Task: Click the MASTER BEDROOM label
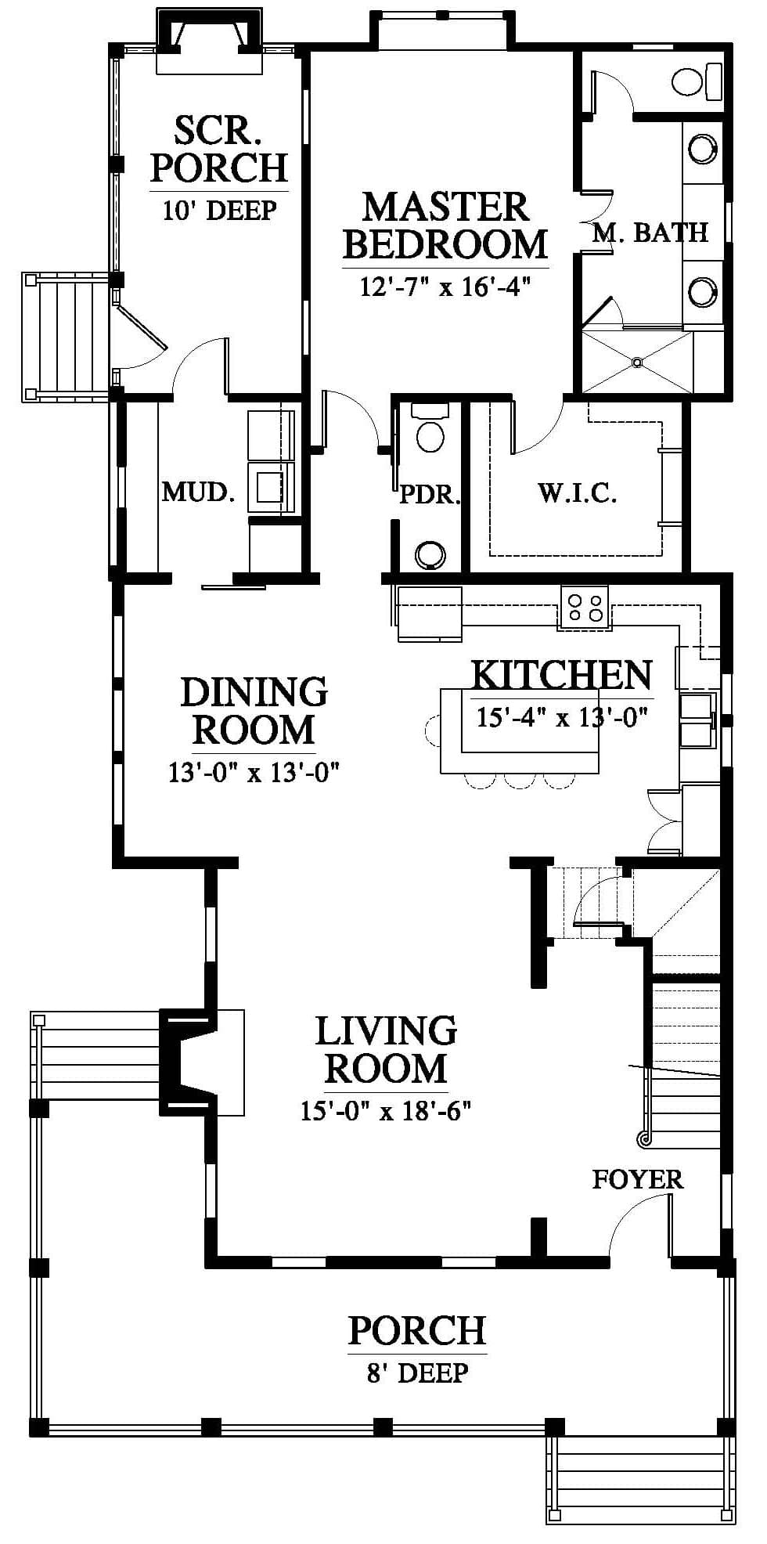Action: coord(445,225)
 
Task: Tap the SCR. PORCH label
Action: coord(219,149)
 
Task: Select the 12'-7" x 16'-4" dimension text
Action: coord(445,287)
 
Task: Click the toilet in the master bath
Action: coord(697,81)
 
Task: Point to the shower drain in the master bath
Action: coord(636,362)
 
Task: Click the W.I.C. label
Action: coord(577,493)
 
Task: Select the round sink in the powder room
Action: coord(430,554)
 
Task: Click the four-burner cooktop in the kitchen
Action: coord(585,608)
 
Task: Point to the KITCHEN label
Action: coord(562,675)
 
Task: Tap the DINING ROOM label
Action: coord(254,711)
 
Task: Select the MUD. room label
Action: coord(198,492)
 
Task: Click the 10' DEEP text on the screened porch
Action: coord(219,210)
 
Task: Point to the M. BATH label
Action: coord(650,233)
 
